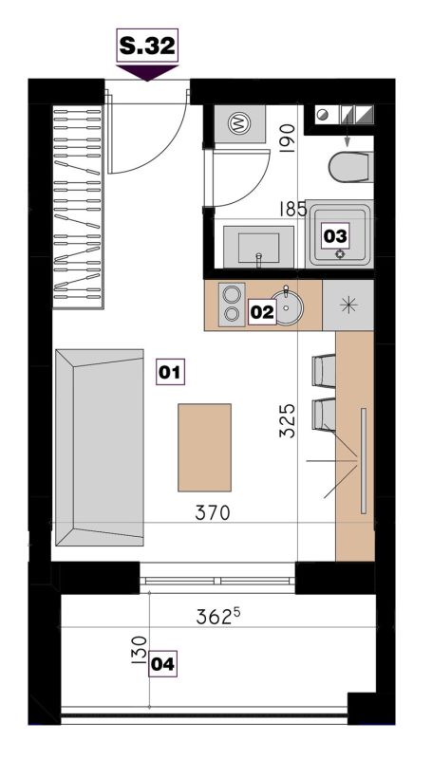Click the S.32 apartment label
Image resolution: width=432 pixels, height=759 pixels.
147,46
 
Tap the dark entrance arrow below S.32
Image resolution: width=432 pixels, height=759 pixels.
147,73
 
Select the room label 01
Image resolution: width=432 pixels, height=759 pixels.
170,372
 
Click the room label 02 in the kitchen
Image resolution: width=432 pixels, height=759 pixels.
262,312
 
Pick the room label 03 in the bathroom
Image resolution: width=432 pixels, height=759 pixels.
335,236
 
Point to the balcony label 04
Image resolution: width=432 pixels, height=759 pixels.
162,664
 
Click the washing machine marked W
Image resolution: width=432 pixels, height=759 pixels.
239,124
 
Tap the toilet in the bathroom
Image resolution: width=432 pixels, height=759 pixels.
350,167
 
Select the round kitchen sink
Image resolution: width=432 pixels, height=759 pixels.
286,306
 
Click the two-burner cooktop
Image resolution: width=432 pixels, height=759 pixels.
232,304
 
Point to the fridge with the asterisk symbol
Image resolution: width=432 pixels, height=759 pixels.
348,305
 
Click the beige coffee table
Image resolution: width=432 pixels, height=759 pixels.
204,447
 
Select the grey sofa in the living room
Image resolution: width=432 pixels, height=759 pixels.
100,447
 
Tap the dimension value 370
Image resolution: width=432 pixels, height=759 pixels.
212,512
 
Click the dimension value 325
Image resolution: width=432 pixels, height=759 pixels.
287,420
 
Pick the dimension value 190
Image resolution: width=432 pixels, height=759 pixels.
287,139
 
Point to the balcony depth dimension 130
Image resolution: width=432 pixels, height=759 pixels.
139,650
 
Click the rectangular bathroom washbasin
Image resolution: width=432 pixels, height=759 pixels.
258,247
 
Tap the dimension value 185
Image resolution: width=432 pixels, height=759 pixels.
293,210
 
